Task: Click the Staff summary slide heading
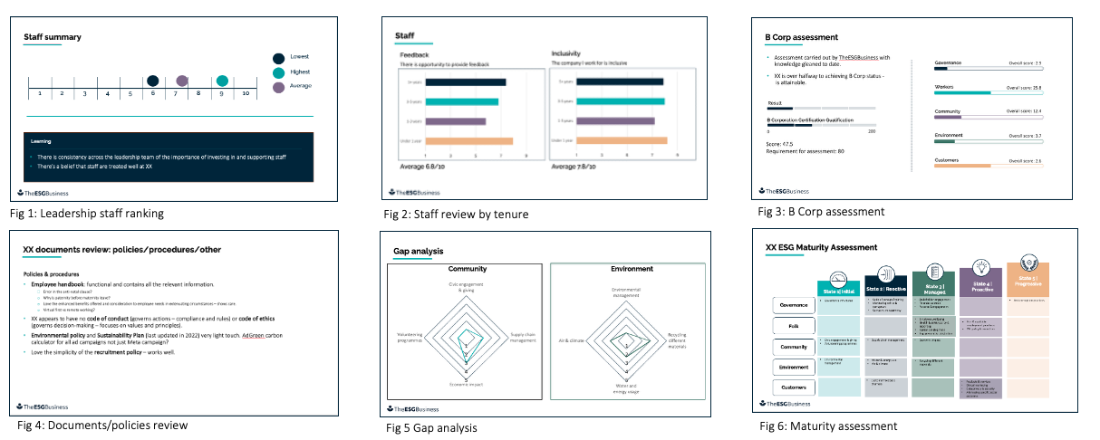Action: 53,37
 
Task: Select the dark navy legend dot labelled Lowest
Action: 280,56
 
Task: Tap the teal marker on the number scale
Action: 222,81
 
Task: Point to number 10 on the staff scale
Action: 245,93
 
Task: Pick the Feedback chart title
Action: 415,55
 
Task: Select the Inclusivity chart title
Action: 566,54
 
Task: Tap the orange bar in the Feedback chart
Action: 468,140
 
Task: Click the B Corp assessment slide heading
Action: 801,37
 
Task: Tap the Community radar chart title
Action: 467,269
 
